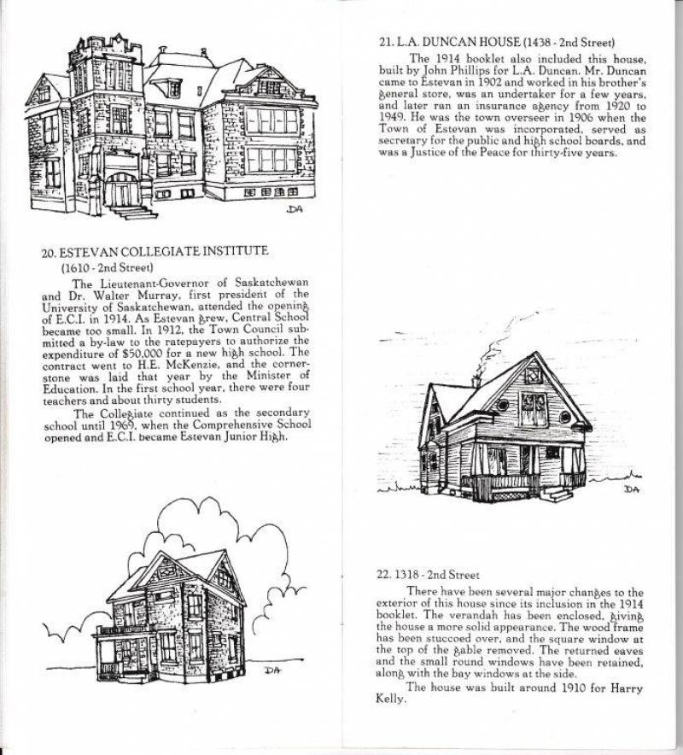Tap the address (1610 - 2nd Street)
[x=107, y=267]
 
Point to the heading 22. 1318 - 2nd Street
[x=428, y=575]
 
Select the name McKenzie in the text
[x=186, y=365]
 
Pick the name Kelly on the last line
[x=390, y=699]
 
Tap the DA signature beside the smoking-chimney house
[x=631, y=489]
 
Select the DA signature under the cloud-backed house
[x=273, y=670]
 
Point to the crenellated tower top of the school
[x=107, y=49]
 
